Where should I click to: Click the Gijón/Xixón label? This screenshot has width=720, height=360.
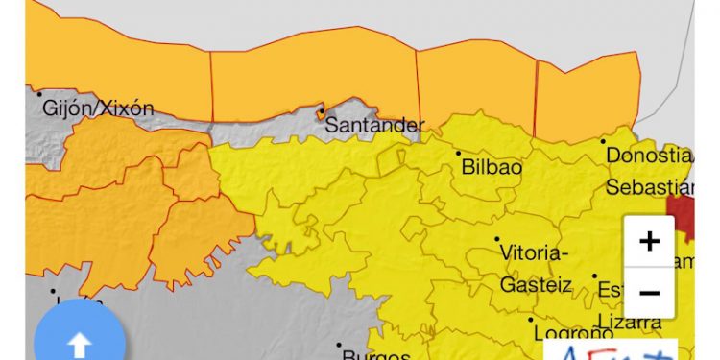(x=98, y=108)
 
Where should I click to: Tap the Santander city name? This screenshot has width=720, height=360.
(x=374, y=125)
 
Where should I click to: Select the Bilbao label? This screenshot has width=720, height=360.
(x=492, y=167)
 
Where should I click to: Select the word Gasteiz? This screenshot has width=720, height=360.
(x=536, y=285)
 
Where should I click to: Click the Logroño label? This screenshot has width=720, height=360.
(x=574, y=334)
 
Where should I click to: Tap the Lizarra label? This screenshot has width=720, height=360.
(x=630, y=321)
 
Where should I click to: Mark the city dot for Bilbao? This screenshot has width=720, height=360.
(x=458, y=153)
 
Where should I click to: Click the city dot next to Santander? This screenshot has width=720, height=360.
(x=321, y=108)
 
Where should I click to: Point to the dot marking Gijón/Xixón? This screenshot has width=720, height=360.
(x=39, y=93)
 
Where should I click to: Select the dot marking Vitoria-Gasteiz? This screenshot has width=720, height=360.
(x=496, y=239)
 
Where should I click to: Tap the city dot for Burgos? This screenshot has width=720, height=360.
(x=339, y=345)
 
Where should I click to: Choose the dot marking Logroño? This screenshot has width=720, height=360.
(x=530, y=320)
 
